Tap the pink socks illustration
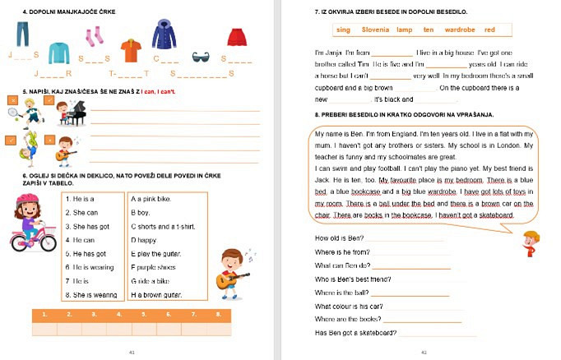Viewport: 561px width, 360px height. click(x=95, y=36)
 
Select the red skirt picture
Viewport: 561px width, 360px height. click(x=237, y=37)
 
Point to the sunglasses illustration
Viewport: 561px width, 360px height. click(x=201, y=56)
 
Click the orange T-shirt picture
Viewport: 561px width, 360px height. click(x=131, y=50)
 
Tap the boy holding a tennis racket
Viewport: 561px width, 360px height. click(x=30, y=108)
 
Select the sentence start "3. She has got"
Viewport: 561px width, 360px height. click(x=91, y=226)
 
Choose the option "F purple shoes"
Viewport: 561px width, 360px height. click(x=154, y=267)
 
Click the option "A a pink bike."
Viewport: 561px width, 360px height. click(x=151, y=199)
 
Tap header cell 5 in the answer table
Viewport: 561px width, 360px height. click(x=145, y=314)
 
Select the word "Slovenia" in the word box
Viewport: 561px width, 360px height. click(x=375, y=30)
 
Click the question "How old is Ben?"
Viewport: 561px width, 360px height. click(x=339, y=238)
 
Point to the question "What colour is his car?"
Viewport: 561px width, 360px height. click(x=350, y=306)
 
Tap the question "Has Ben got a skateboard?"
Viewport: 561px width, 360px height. click(x=355, y=333)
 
